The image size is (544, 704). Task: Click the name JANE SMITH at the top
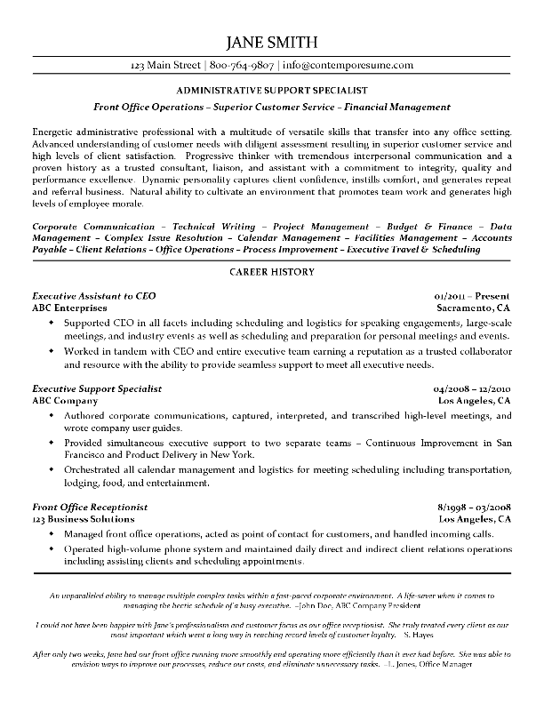point(272,44)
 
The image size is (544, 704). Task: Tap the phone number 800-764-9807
point(243,66)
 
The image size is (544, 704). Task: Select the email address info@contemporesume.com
point(348,66)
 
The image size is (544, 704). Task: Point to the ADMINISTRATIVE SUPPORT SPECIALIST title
point(272,91)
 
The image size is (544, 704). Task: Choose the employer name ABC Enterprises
point(69,307)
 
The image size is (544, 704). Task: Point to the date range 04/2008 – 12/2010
point(472,388)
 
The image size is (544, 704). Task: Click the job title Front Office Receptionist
point(89,506)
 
